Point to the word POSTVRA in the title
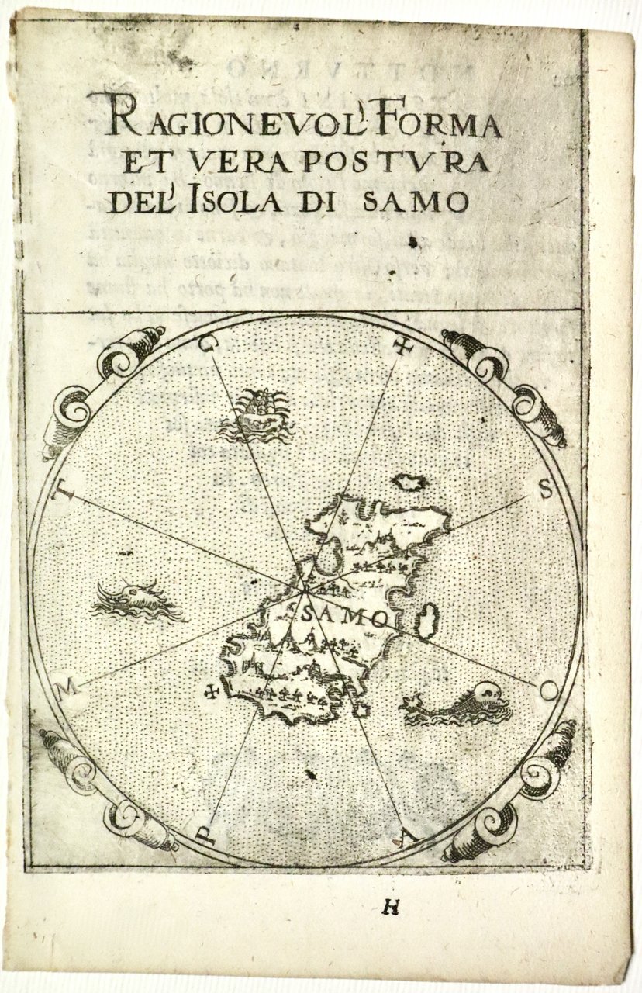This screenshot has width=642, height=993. pyautogui.click(x=404, y=162)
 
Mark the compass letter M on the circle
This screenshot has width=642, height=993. pyautogui.click(x=69, y=686)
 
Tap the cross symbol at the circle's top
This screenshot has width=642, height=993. pyautogui.click(x=402, y=347)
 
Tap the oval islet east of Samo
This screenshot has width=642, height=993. pyautogui.click(x=427, y=620)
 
